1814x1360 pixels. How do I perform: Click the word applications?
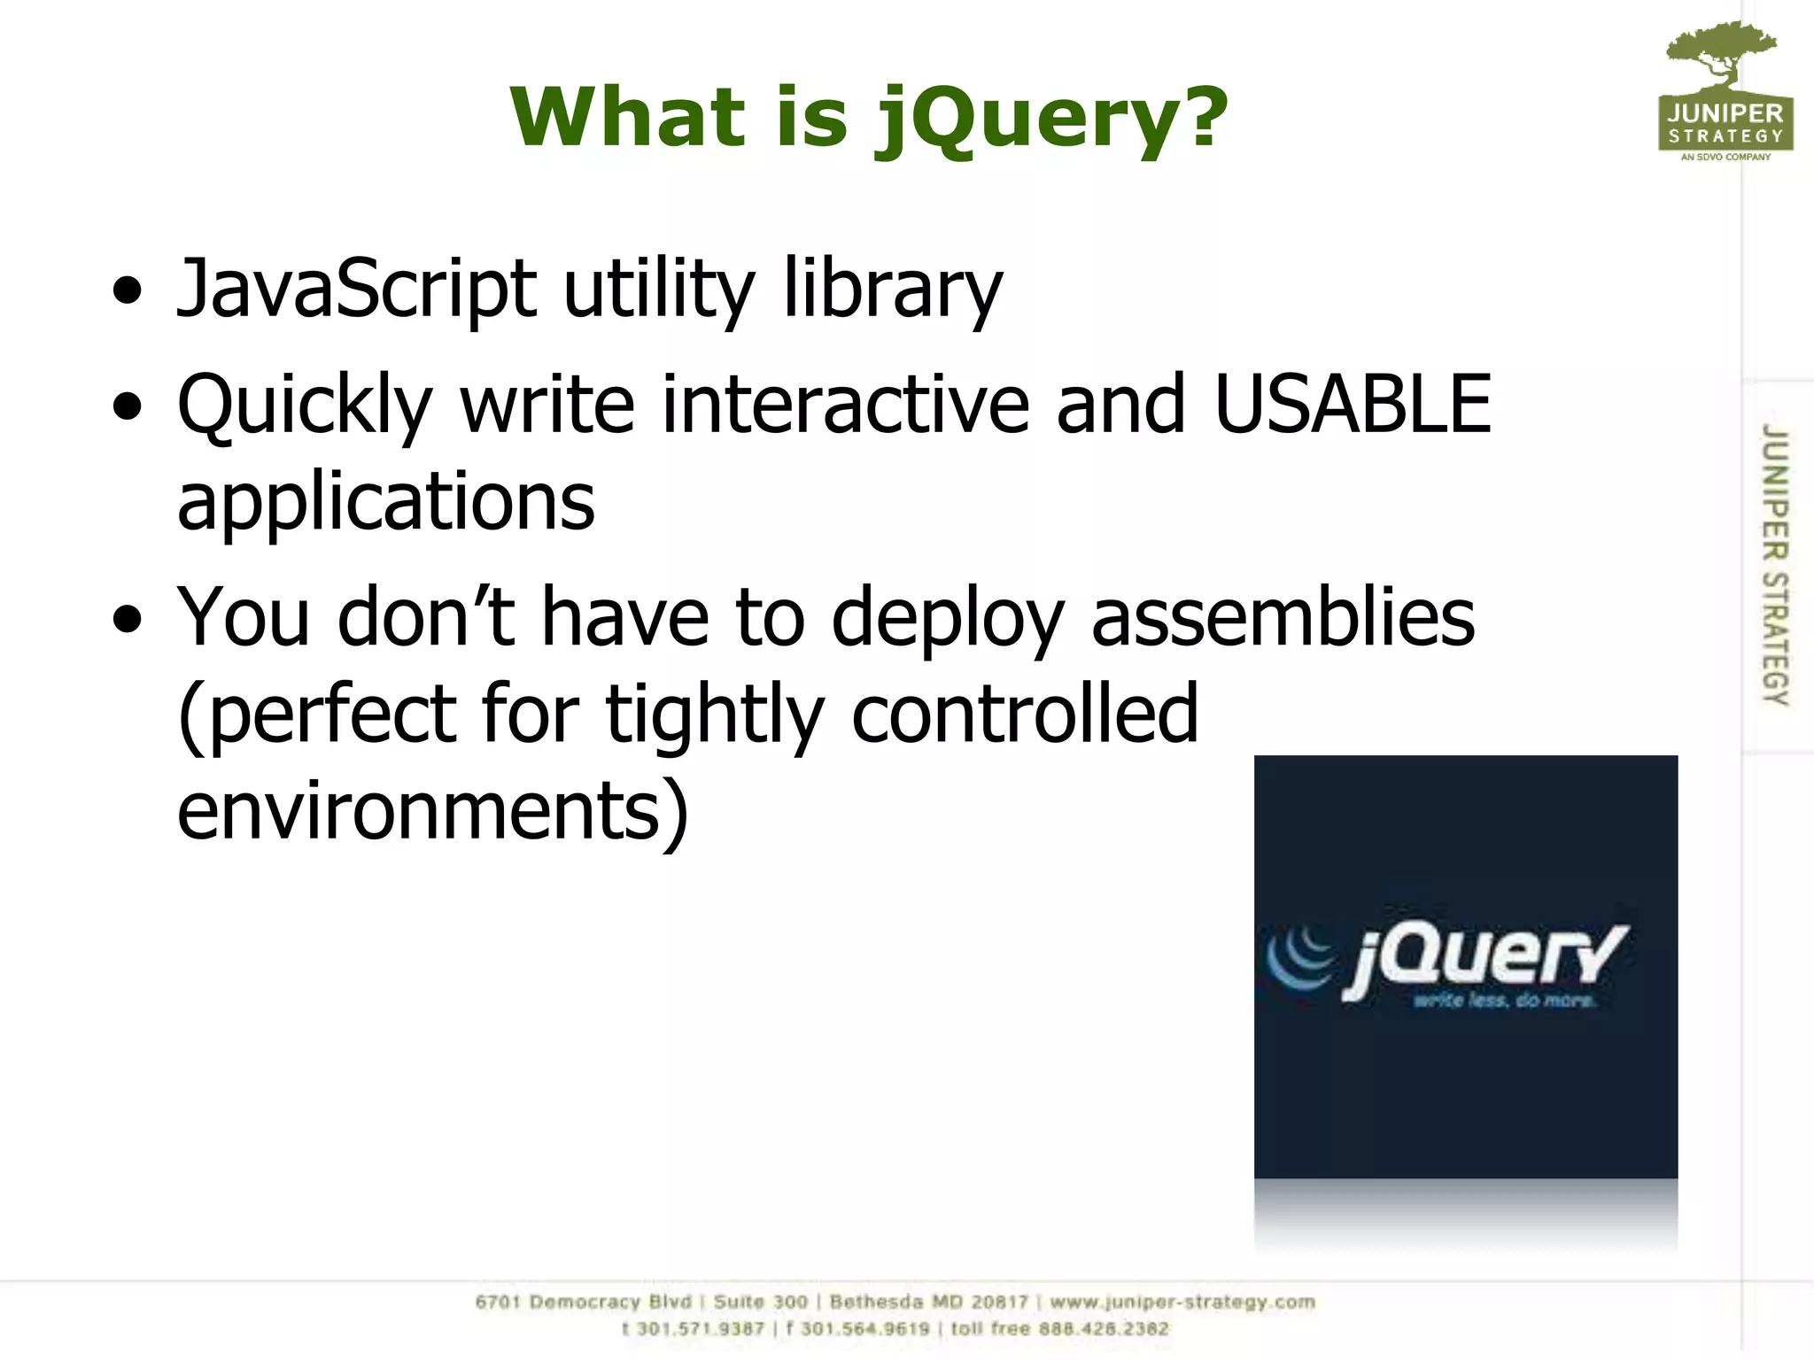pos(386,502)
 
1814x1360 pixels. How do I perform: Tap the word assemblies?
pos(1283,617)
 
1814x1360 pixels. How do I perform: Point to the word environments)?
pos(432,810)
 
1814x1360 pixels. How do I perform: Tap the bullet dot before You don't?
pos(128,620)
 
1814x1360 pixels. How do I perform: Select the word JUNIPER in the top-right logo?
pos(1725,113)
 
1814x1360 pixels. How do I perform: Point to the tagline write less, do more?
pos(1504,1001)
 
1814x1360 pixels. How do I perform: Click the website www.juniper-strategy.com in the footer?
pos(1182,1302)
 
